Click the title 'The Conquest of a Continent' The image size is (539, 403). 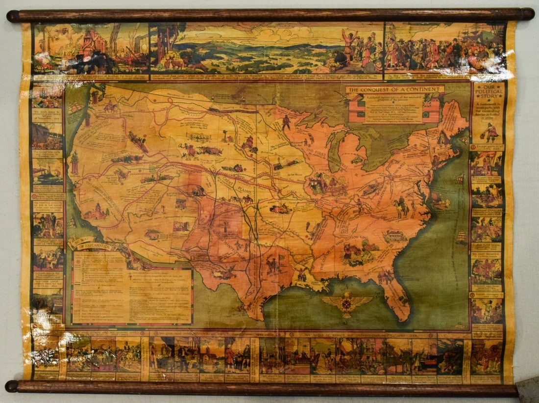(x=394, y=89)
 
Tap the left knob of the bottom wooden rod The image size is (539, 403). (x=12, y=386)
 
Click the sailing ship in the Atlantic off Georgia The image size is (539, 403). (x=462, y=238)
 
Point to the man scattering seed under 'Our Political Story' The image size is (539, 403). (x=490, y=132)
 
